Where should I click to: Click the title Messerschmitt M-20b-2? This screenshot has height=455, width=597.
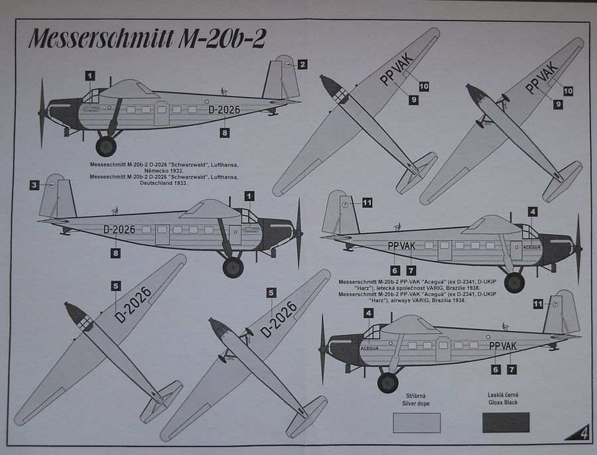147,39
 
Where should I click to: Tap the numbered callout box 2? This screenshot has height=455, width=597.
302,64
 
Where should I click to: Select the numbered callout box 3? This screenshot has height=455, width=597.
34,185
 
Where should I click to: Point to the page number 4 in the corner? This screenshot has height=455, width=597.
582,434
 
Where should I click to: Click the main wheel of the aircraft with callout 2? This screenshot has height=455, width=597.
106,146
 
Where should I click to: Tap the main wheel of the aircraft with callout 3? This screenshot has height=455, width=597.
233,267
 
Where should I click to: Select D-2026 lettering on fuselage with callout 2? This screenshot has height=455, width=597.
224,110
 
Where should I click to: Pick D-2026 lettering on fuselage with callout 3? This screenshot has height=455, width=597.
119,229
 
